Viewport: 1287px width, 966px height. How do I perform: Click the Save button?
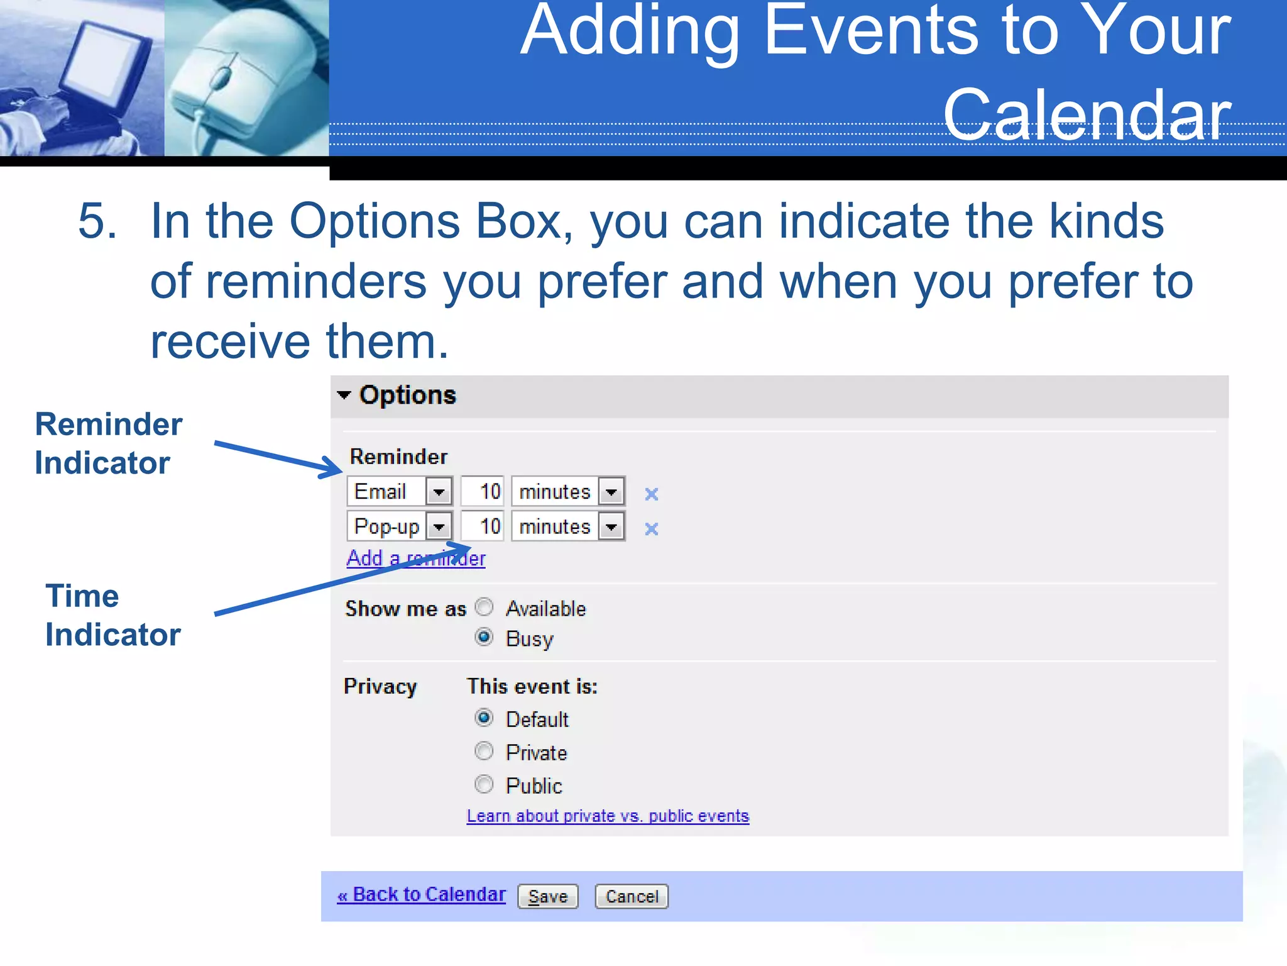click(547, 896)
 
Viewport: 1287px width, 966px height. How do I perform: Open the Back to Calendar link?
click(422, 894)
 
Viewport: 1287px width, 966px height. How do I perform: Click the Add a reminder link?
click(415, 558)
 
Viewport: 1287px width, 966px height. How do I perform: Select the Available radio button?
click(484, 608)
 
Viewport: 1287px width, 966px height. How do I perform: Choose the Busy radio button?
click(484, 638)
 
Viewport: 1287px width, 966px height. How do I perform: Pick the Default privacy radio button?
click(484, 718)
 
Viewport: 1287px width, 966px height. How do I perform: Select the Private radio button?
click(484, 751)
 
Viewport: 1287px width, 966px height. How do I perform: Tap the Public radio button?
click(484, 784)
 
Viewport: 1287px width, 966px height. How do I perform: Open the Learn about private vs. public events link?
click(608, 816)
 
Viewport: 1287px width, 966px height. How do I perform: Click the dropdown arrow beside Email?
click(439, 492)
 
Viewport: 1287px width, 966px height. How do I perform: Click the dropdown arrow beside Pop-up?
click(439, 526)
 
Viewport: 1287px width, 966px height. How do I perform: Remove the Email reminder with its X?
click(652, 494)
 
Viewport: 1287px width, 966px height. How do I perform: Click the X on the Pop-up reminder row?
click(652, 529)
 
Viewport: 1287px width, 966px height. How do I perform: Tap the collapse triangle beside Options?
click(344, 395)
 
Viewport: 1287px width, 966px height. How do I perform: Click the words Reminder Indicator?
click(108, 443)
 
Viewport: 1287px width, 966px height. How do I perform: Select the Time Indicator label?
click(112, 615)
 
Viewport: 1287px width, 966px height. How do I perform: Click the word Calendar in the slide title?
click(1087, 114)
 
